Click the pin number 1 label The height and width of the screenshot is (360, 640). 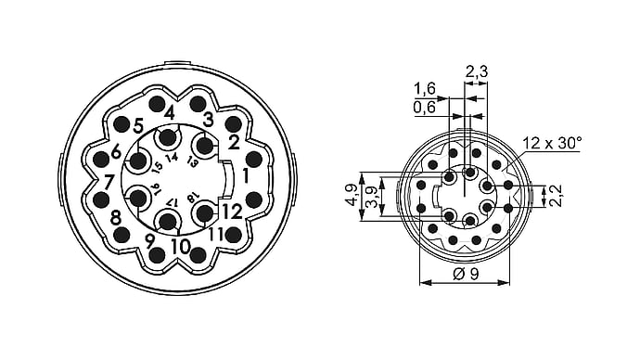(x=245, y=175)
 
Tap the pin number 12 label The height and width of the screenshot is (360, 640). (x=232, y=212)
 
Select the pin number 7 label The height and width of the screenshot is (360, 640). (x=108, y=182)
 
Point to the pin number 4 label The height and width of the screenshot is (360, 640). (x=170, y=112)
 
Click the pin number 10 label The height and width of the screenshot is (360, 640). (x=181, y=247)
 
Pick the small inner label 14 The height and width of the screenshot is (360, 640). (x=173, y=157)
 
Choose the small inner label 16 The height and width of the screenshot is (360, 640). (x=156, y=187)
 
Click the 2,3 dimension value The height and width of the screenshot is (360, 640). (x=477, y=71)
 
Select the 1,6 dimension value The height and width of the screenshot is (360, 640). (x=425, y=88)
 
